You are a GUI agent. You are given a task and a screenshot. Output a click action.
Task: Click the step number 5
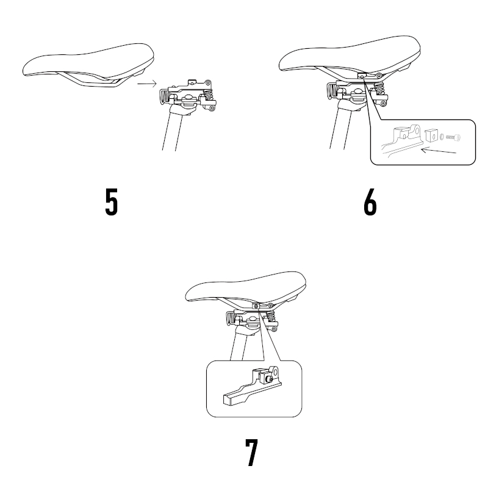click(x=112, y=202)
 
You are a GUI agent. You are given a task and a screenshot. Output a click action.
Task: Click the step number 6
click(x=370, y=202)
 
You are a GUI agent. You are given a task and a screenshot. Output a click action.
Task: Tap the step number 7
click(x=251, y=453)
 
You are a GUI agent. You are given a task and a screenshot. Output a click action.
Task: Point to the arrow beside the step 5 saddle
click(x=147, y=84)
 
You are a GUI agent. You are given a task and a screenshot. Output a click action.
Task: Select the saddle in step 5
click(x=88, y=64)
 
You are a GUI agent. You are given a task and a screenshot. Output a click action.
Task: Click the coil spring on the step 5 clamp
click(x=208, y=95)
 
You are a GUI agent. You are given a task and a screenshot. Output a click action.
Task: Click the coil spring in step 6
click(x=379, y=89)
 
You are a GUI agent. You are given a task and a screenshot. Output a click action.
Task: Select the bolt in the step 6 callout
click(x=453, y=137)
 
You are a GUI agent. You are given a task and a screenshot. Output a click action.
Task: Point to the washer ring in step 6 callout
click(x=442, y=136)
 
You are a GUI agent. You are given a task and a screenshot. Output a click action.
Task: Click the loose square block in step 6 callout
click(x=431, y=135)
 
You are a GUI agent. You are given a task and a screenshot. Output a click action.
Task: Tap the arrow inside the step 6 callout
click(x=438, y=151)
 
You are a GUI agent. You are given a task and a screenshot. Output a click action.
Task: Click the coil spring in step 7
click(x=271, y=316)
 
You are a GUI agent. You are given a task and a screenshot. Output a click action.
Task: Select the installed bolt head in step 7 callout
click(x=270, y=379)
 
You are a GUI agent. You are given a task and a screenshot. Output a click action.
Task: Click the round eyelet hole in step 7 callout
click(x=275, y=372)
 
